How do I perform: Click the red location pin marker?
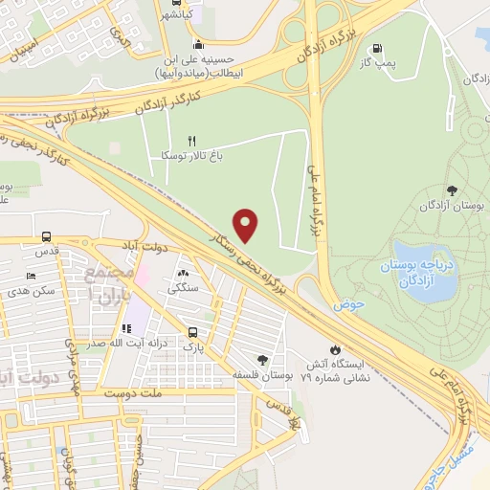click(x=247, y=225)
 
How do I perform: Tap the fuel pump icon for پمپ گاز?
click(x=376, y=50)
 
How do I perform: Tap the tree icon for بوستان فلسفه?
click(x=263, y=360)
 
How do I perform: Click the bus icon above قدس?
click(x=46, y=237)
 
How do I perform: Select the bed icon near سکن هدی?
click(x=31, y=276)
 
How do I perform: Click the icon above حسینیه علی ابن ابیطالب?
click(x=197, y=43)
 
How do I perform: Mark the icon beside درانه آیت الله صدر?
click(x=126, y=328)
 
